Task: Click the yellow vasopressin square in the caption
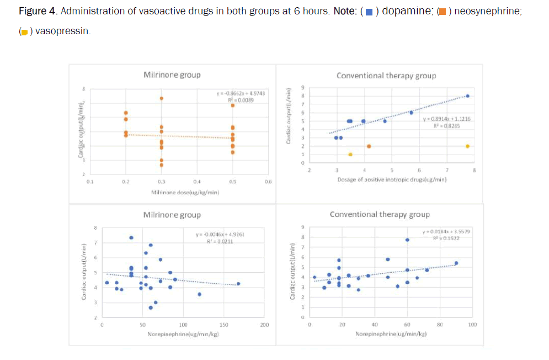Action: [24, 31]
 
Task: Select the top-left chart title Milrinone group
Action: [172, 75]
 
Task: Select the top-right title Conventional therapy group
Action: [386, 76]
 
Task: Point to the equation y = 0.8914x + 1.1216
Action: [446, 119]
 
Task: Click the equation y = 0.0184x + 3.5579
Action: [446, 231]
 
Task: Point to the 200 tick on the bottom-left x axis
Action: [264, 325]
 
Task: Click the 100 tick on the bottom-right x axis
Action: [472, 325]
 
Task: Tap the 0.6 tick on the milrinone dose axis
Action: [268, 181]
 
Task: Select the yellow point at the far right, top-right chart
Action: [467, 146]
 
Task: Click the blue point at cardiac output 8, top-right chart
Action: [467, 96]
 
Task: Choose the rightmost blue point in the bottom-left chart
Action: [238, 284]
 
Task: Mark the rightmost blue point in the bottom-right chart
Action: [456, 263]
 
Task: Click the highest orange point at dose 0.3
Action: [162, 98]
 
